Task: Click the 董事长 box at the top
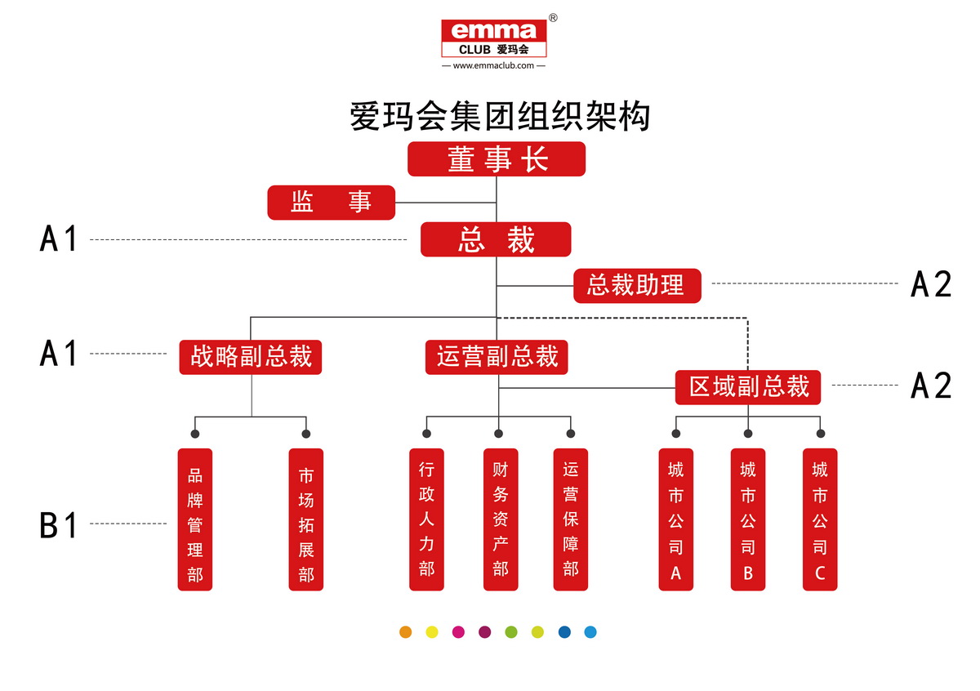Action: coord(497,159)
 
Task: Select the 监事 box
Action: coord(331,203)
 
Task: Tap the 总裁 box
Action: coord(496,240)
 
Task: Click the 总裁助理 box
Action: coord(636,286)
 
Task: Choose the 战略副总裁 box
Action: coord(251,358)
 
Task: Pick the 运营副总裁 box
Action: coord(497,358)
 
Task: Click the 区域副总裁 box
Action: coord(747,386)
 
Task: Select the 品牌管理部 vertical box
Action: coord(195,519)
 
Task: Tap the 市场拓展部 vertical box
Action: coord(306,519)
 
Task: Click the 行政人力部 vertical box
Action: coord(426,519)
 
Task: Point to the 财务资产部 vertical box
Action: coord(501,519)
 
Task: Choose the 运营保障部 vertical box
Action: coord(571,519)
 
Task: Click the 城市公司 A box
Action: coord(676,519)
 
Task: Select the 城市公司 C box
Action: coord(820,519)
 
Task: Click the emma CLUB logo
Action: coord(493,38)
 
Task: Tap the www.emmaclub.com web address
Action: coord(493,65)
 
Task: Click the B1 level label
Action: coord(58,524)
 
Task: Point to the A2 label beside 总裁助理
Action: coord(931,284)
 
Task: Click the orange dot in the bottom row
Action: coord(406,631)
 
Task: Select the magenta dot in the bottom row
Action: coord(458,631)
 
